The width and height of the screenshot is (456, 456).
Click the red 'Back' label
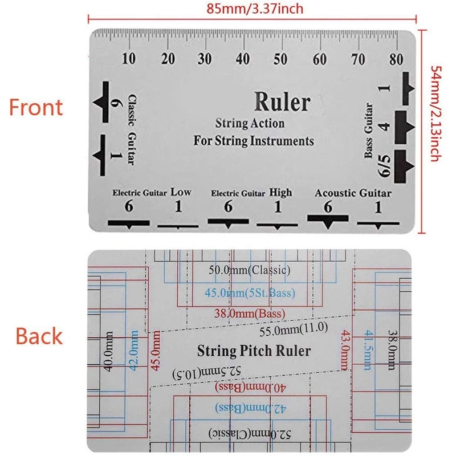[x=39, y=336]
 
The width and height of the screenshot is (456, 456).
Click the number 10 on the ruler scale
[x=129, y=58]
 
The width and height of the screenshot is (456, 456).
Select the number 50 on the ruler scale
[x=280, y=58]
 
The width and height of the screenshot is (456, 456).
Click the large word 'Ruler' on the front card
[x=282, y=102]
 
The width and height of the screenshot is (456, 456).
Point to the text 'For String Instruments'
[x=254, y=140]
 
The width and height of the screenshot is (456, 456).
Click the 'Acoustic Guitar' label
[x=353, y=193]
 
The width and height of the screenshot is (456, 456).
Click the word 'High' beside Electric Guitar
[x=280, y=193]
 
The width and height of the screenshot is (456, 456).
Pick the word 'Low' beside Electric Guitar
[x=181, y=193]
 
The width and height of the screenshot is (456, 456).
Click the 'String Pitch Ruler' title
[x=254, y=349]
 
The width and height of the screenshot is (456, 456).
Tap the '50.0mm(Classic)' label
[x=250, y=269]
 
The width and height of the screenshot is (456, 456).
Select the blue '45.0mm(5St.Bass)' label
[x=250, y=294]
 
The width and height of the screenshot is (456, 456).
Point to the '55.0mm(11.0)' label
[x=293, y=328]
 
